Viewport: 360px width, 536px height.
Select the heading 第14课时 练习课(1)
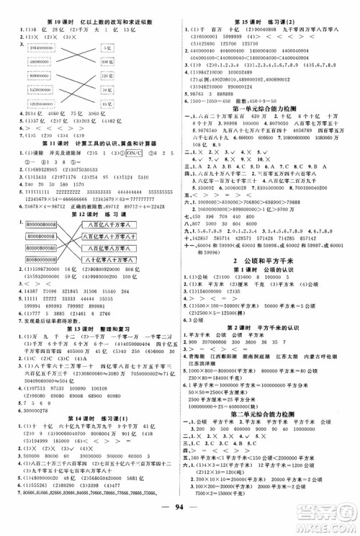point(91,448)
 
